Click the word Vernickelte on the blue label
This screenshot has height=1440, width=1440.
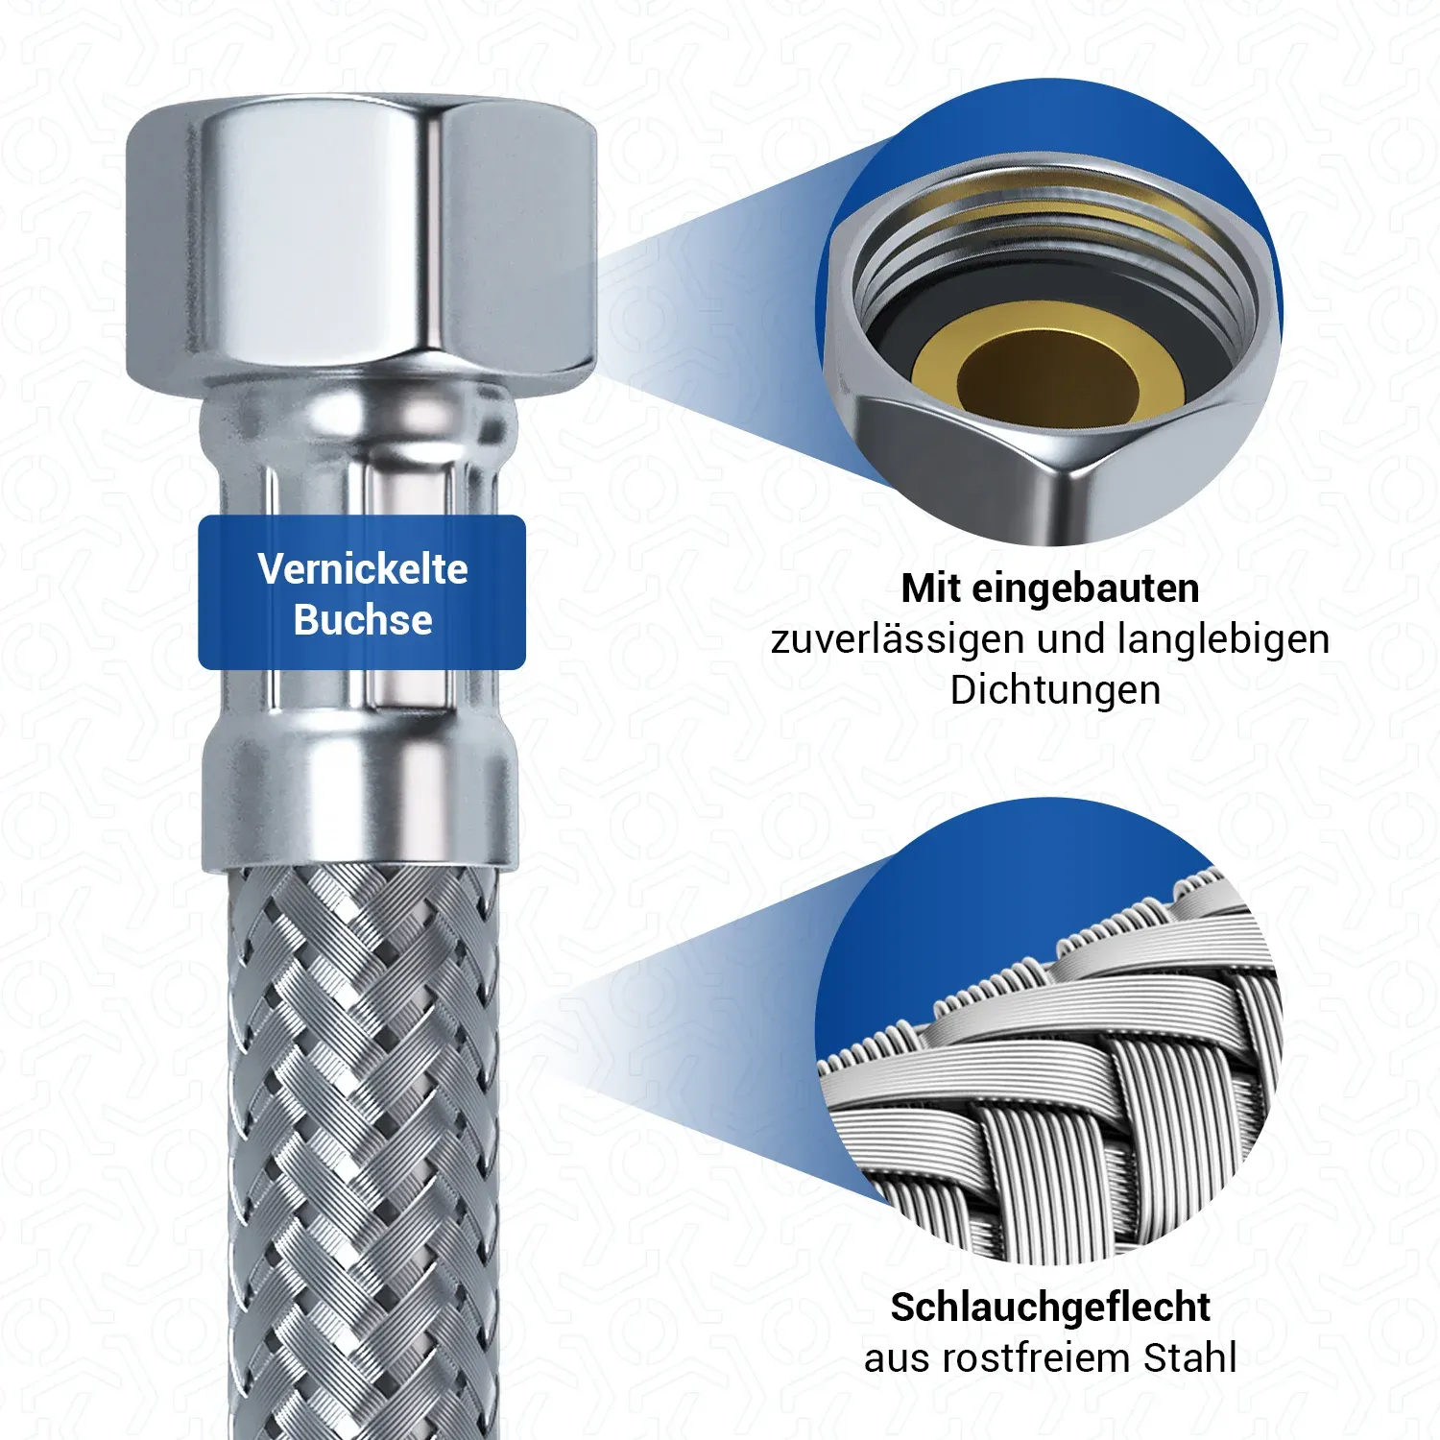pyautogui.click(x=363, y=569)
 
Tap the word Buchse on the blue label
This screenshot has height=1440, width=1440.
pyautogui.click(x=363, y=620)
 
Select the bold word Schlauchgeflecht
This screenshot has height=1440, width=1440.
pyautogui.click(x=1050, y=1308)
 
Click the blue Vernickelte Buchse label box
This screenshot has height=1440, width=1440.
pyautogui.click(x=362, y=592)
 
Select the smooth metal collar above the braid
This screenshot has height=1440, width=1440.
pyautogui.click(x=360, y=802)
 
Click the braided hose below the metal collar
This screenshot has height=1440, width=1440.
pyautogui.click(x=364, y=1152)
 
